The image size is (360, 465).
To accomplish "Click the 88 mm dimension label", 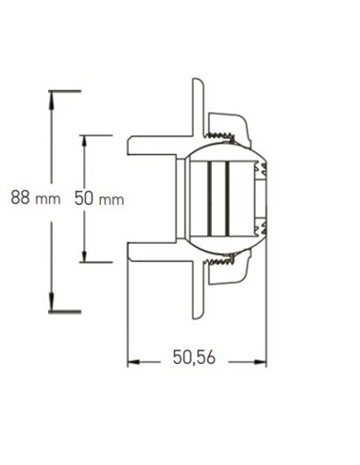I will [x=30, y=199].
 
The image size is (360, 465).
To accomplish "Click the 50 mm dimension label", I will [x=97, y=199].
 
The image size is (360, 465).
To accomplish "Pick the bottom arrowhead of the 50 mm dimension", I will [x=85, y=258].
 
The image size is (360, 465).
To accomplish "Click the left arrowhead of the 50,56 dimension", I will [x=133, y=359].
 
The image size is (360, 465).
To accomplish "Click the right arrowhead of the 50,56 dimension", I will [x=261, y=359].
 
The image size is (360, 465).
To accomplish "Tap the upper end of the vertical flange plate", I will [x=199, y=90].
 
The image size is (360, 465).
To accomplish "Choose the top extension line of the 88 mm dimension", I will [x=64, y=91].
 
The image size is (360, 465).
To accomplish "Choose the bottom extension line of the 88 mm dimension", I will [x=64, y=309].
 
